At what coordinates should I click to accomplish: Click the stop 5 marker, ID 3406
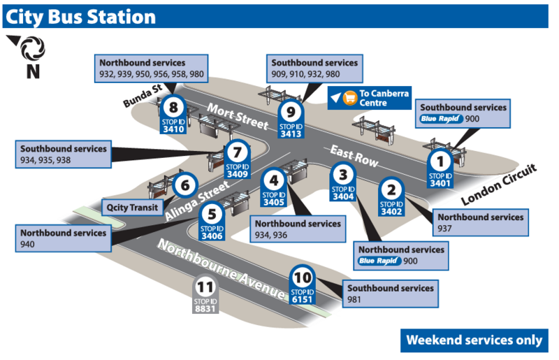(x=212, y=222)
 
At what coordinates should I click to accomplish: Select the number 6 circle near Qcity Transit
(x=184, y=186)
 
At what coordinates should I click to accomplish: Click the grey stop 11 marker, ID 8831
(x=205, y=296)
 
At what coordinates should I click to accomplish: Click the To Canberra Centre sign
(x=370, y=98)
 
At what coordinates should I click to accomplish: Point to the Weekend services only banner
(x=474, y=340)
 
